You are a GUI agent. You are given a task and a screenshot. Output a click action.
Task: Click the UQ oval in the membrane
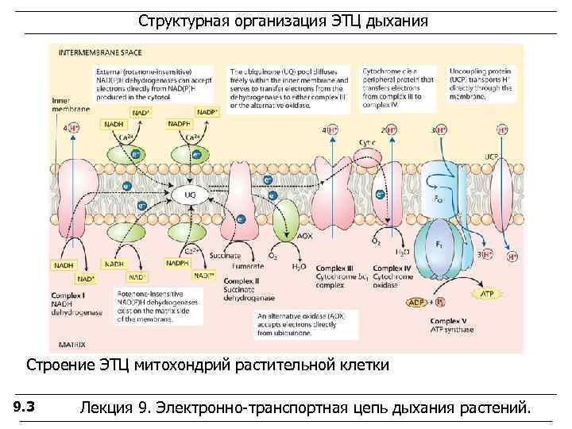pos(191,193)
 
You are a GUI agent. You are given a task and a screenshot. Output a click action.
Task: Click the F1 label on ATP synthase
pos(439,245)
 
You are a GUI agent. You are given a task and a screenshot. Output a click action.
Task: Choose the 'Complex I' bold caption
pos(69,296)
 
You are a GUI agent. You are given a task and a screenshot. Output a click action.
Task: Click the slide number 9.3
pos(24,408)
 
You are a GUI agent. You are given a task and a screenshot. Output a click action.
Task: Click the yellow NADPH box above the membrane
pos(179,124)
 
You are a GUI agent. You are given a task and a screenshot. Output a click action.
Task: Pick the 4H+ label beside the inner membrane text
pos(71,127)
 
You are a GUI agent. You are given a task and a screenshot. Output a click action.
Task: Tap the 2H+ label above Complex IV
pos(388,129)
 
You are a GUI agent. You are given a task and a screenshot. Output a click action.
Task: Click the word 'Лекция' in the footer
pos(106,408)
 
